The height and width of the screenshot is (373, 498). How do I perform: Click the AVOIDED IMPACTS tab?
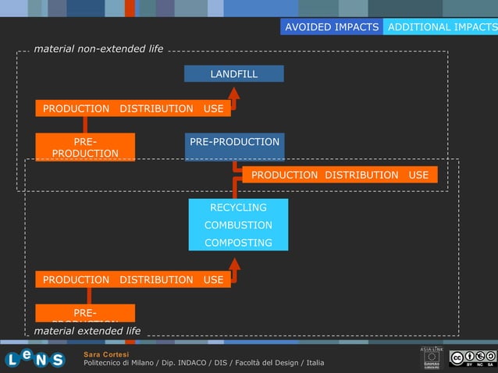[x=332, y=27]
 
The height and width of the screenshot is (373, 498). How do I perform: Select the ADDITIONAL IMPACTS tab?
[x=441, y=27]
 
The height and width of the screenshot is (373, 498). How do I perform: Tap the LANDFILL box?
[x=233, y=74]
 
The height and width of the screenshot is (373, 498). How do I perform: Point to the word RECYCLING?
[x=238, y=208]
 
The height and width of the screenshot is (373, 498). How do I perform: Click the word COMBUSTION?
[x=238, y=226]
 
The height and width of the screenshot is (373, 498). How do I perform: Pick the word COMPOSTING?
[x=238, y=243]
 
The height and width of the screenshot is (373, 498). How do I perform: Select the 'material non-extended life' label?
[x=98, y=48]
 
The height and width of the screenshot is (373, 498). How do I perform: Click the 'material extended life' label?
[x=87, y=331]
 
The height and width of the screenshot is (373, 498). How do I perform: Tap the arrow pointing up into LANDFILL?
[x=234, y=94]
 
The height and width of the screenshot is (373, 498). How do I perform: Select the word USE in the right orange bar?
[x=418, y=175]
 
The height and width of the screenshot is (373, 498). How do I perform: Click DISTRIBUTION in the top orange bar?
[x=156, y=108]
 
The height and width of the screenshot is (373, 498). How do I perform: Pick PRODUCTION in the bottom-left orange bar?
[x=76, y=279]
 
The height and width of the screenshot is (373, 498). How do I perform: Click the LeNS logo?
[x=34, y=359]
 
